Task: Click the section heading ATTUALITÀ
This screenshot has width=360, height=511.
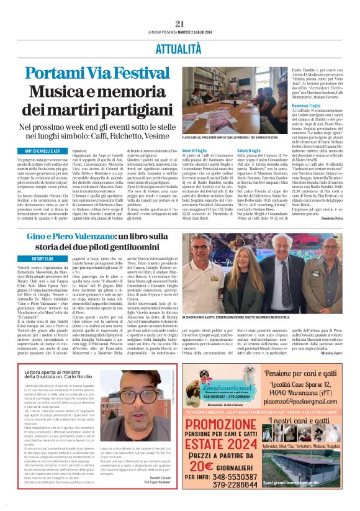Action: (180, 47)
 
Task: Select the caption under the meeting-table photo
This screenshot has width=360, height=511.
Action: (233, 137)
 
